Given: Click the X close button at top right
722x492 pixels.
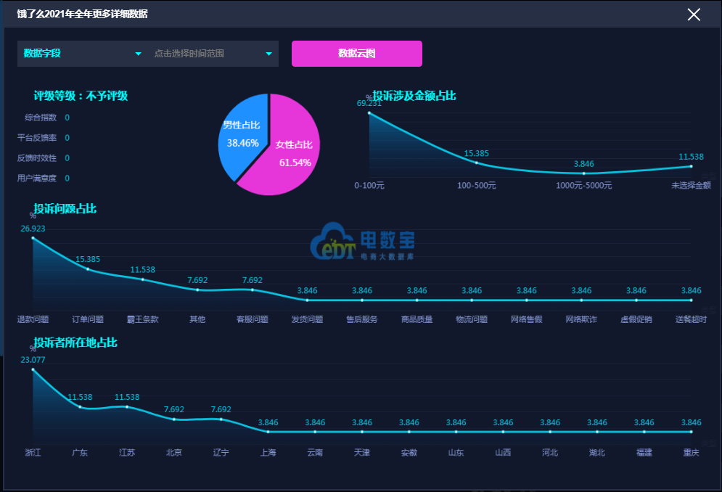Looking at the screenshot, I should (x=694, y=15).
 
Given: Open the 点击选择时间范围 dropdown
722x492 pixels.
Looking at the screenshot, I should (x=213, y=54).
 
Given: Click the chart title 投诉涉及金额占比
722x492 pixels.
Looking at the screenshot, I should (x=414, y=96).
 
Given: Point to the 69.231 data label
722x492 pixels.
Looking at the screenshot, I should (x=369, y=103).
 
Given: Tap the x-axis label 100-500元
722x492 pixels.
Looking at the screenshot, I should (x=477, y=186).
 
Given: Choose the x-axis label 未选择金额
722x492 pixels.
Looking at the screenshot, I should (x=691, y=186).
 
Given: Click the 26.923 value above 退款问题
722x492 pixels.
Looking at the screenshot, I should (x=33, y=229).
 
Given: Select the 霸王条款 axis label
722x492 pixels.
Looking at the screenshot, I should (x=144, y=319).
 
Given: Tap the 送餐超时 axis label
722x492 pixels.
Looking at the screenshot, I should (x=691, y=319).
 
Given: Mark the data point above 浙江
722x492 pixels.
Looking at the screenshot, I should (x=33, y=369).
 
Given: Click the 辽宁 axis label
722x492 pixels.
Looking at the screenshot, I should (x=221, y=453).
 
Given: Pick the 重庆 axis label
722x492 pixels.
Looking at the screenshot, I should (x=691, y=453).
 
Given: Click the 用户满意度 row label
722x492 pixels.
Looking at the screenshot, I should (x=37, y=179).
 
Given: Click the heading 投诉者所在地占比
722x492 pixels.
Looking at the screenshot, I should (x=75, y=343).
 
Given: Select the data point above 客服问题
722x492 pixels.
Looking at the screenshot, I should (x=253, y=290).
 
